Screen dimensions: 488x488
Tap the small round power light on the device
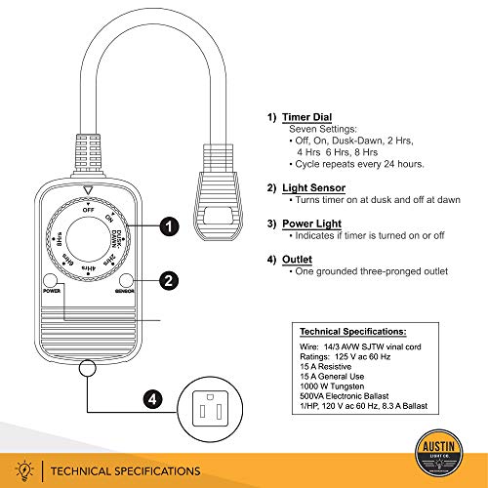pos(49,280)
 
